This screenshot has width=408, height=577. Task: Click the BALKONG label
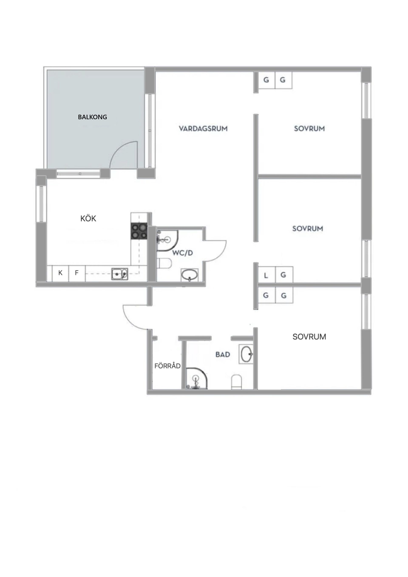coord(92,117)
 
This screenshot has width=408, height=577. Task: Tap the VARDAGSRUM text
coord(203,129)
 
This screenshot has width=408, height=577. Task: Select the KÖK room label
coord(88,218)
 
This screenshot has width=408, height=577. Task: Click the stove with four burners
coord(139,231)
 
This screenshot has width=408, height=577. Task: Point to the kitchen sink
coord(120,274)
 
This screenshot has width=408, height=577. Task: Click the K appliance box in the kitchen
coord(60,273)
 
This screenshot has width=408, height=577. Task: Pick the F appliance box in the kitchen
coord(77,273)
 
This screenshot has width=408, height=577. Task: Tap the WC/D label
coord(183,253)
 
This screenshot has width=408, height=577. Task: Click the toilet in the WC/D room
coord(164,263)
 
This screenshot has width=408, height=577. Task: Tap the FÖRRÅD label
coord(167,366)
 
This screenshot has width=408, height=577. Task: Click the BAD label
coord(222,354)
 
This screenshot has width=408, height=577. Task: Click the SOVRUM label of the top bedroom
coord(309,129)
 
